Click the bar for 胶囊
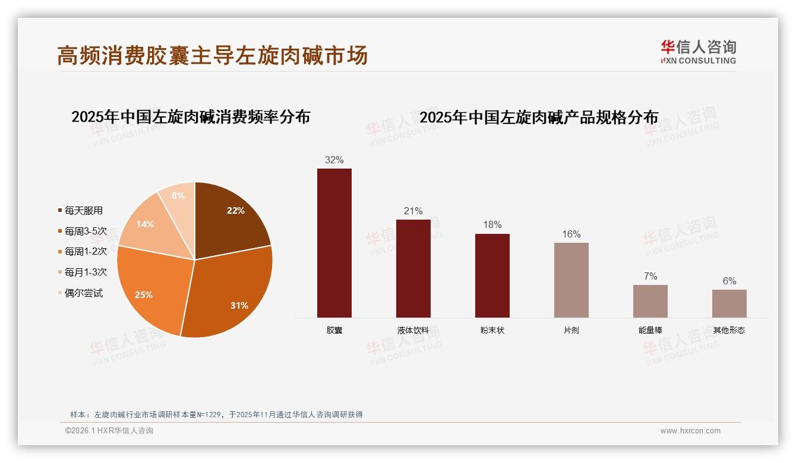(x=334, y=243)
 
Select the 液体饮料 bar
(x=413, y=268)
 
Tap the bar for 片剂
(x=571, y=280)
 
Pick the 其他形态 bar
(x=729, y=303)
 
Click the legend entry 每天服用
(x=83, y=211)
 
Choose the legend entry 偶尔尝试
(x=83, y=293)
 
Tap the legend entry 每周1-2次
(x=86, y=252)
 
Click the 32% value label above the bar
(x=334, y=160)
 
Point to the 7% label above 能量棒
(x=650, y=276)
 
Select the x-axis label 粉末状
(x=492, y=330)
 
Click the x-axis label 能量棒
(x=650, y=330)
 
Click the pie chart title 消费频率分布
(x=191, y=117)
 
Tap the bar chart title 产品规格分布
(x=539, y=118)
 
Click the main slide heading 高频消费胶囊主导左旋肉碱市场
(x=213, y=55)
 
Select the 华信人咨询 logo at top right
(x=698, y=52)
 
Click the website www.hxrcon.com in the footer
(x=690, y=431)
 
